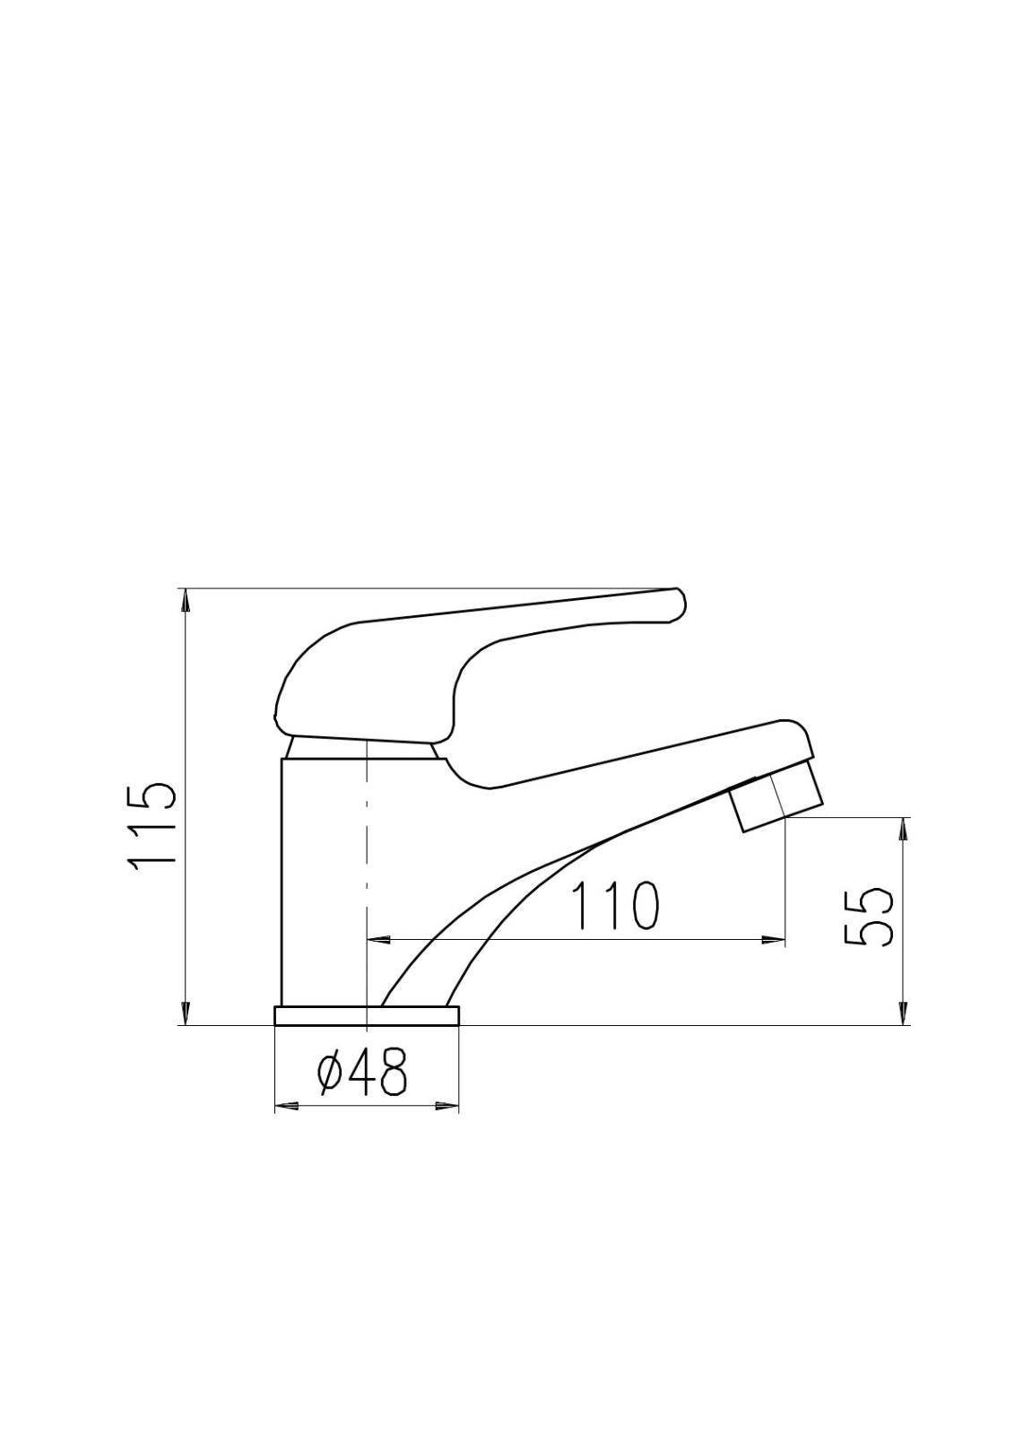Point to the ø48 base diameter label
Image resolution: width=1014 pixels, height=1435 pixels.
click(x=362, y=1072)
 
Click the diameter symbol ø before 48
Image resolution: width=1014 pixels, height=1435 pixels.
click(x=331, y=1073)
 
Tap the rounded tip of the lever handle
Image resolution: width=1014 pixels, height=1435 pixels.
click(x=678, y=604)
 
